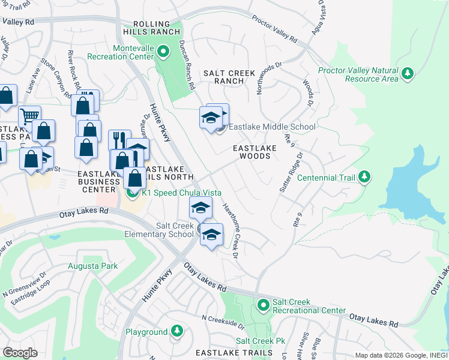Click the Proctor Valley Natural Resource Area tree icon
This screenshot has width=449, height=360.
[x=408, y=73]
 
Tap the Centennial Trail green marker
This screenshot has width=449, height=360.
[x=364, y=178]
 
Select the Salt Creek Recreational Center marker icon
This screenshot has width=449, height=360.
[x=263, y=305]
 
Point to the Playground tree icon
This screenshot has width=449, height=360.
[x=177, y=331]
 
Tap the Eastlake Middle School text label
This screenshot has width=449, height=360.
[x=272, y=127]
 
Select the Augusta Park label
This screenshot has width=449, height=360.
[x=92, y=265]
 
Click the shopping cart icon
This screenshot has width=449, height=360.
[x=29, y=116]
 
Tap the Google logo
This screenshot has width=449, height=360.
[x=20, y=352]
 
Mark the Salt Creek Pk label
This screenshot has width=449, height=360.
[x=260, y=341]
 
